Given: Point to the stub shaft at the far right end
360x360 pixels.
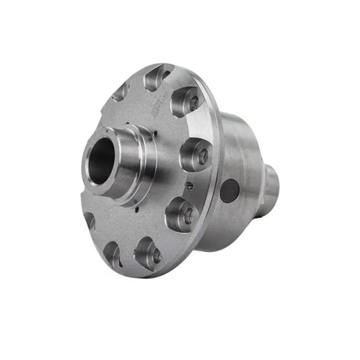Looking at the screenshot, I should point(269,182).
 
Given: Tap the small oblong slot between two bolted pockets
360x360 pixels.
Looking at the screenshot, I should point(189,185).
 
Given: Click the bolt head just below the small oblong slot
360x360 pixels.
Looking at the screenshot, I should point(182,214).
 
